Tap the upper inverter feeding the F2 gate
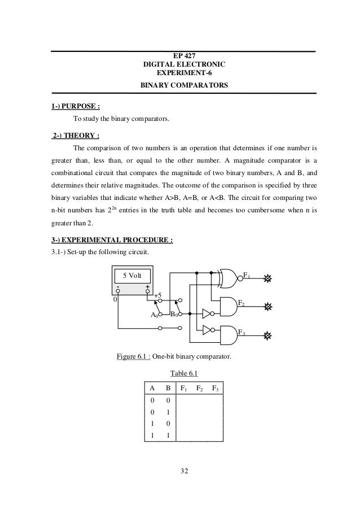click(207, 313)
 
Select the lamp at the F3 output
click(268, 335)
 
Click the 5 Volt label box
click(133, 276)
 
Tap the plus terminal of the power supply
click(147, 291)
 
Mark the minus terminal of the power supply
click(118, 291)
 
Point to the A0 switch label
click(153, 315)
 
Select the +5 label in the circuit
click(158, 295)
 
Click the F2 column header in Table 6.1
click(200, 389)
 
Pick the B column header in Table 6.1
click(168, 389)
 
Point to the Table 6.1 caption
click(183, 373)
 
